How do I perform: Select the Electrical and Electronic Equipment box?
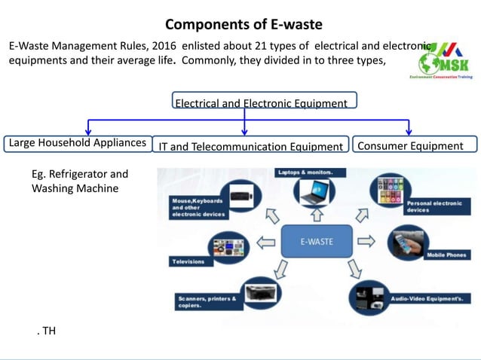pos(261,103)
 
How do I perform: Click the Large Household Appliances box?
pos(77,142)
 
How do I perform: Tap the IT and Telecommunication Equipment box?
pos(250,146)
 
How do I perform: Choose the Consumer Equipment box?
pos(414,145)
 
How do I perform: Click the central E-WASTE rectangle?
pos(317,242)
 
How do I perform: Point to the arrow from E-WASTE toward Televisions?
pos(265,243)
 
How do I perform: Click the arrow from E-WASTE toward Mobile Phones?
pos(366,242)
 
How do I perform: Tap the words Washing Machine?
pos(75,188)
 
